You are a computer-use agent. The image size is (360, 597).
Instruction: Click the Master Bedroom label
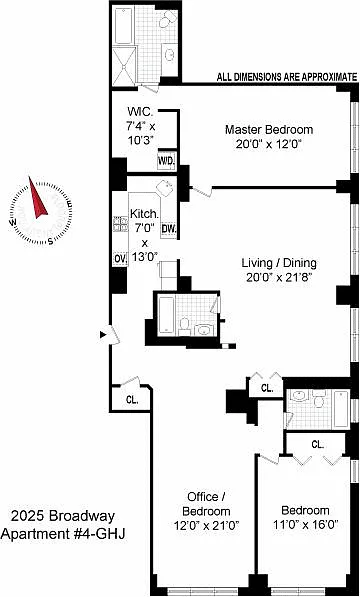coord(269,129)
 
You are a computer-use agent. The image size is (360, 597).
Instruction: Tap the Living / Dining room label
coord(279,263)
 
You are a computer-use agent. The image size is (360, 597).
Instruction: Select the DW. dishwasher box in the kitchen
coord(168,230)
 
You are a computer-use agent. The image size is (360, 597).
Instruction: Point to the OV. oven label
coord(121,258)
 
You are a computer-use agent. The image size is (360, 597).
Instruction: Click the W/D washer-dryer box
coord(166,162)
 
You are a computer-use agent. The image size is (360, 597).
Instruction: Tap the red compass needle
coord(37,200)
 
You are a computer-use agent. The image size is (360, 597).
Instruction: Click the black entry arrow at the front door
coord(103,335)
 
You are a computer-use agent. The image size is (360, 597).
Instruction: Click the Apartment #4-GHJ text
coord(63,533)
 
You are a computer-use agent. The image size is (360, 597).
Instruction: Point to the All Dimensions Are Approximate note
coord(287,77)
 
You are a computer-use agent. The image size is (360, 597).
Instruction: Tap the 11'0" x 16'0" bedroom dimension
coord(305,525)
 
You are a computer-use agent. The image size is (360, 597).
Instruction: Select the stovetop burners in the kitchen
coord(121,224)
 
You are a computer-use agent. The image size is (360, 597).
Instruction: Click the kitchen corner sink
coord(165,188)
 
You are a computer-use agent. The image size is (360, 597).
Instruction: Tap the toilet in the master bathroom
coord(167,19)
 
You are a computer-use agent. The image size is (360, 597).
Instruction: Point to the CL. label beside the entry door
coord(132,401)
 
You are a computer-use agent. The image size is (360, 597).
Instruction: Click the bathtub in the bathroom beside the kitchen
coord(166,315)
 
